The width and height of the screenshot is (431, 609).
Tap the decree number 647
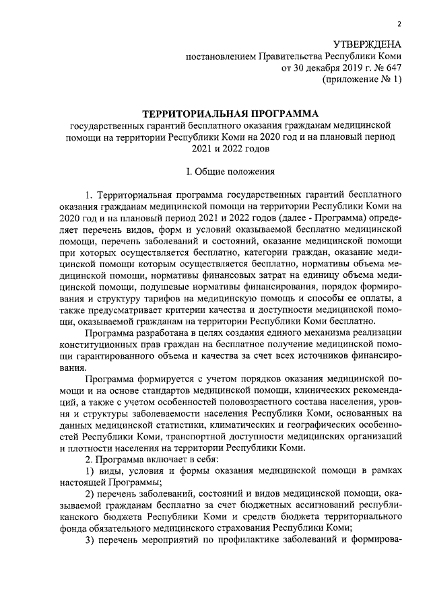(392, 68)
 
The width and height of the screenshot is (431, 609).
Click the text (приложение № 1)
(362, 80)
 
